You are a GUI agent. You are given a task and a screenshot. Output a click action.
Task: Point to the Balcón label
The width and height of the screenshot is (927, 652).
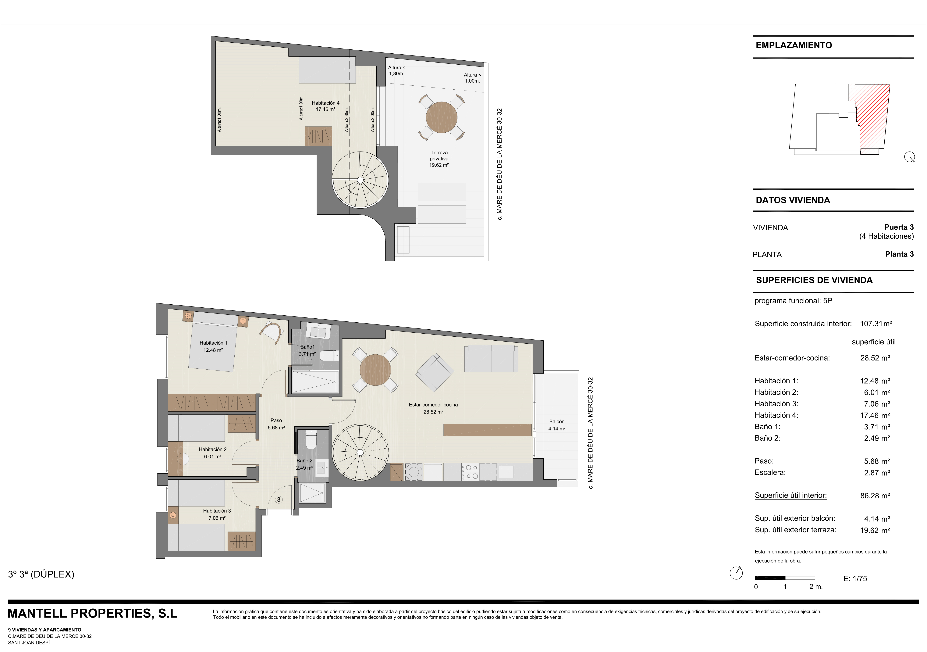click(x=557, y=421)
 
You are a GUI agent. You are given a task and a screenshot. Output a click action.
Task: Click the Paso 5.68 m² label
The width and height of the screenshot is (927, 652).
click(x=276, y=424)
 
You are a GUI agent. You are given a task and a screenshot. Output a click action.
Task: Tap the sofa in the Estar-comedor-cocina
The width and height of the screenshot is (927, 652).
click(x=491, y=359)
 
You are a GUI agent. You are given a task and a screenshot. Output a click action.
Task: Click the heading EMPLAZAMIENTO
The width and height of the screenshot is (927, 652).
click(x=794, y=45)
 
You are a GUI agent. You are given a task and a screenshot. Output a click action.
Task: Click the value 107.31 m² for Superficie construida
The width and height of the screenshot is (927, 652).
click(x=876, y=324)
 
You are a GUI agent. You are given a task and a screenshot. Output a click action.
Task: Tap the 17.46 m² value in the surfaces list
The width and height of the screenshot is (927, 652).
click(x=875, y=415)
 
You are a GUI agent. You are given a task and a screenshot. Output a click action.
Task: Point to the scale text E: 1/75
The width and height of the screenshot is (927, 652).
click(x=855, y=579)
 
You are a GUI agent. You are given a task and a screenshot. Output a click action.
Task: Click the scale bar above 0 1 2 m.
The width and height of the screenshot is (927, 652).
click(x=785, y=578)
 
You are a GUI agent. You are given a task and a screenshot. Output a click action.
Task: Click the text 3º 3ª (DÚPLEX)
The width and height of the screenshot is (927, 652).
click(x=41, y=574)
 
